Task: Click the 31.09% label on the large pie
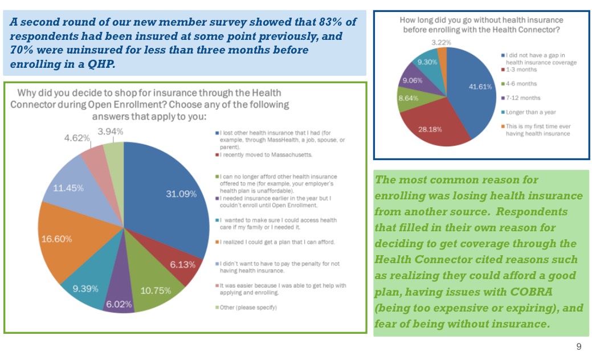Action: [181, 194]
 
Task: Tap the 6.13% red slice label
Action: [182, 265]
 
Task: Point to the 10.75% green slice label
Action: [156, 291]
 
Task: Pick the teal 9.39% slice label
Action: [85, 289]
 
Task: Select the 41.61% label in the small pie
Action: [480, 87]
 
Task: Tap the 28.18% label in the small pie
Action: [431, 129]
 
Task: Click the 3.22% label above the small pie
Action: [442, 42]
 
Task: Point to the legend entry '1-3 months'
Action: [521, 70]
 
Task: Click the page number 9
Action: [579, 347]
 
